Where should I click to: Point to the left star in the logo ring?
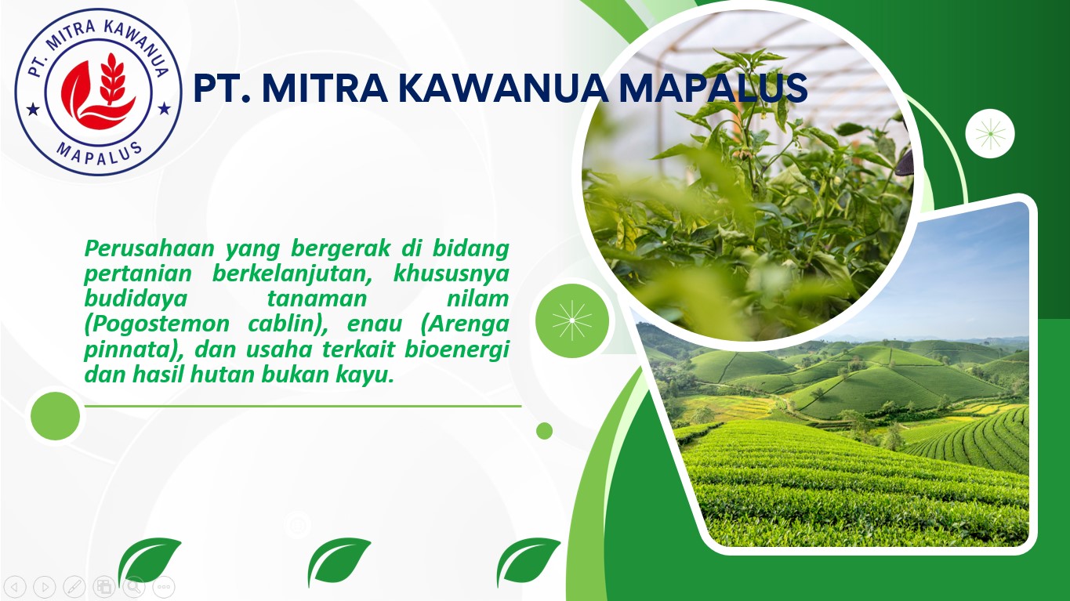[x=33, y=110]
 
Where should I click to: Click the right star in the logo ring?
[x=164, y=108]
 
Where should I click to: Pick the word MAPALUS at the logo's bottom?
[x=100, y=154]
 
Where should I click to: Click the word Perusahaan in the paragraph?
[x=150, y=248]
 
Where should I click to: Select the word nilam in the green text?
[x=477, y=299]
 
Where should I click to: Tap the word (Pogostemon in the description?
[x=157, y=324]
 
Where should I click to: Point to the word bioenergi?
[x=457, y=349]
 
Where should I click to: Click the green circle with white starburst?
[x=571, y=320]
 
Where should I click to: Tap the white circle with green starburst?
[x=990, y=134]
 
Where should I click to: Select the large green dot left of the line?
[x=55, y=416]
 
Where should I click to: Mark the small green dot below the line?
[x=544, y=431]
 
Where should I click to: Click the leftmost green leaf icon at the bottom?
[x=149, y=561]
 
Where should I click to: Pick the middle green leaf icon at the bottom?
[x=338, y=561]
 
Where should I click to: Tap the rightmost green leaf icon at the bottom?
[x=528, y=561]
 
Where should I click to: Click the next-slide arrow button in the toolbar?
[x=45, y=587]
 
